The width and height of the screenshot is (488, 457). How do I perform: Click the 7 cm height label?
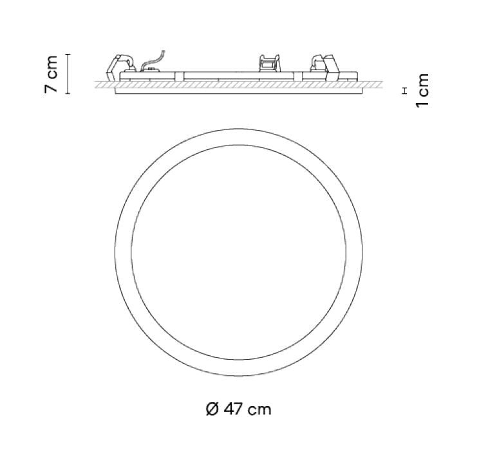click(x=52, y=74)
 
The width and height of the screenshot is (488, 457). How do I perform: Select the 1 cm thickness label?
click(x=422, y=90)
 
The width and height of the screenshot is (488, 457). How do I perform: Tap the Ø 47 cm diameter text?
click(x=238, y=409)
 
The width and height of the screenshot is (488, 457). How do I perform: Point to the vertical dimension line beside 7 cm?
click(x=69, y=74)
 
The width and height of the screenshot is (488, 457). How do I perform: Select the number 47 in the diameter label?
click(x=232, y=409)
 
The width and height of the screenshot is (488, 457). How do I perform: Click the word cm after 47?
click(x=259, y=409)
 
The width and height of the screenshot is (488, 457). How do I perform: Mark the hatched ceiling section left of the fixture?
click(x=103, y=84)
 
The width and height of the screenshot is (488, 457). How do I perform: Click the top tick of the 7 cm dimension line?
click(x=69, y=55)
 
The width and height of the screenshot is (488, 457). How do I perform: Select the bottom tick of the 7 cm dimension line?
click(x=69, y=94)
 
